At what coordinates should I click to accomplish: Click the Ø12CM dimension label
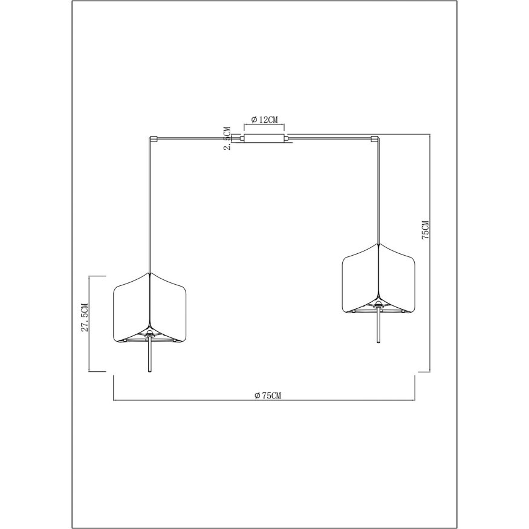pyautogui.click(x=265, y=119)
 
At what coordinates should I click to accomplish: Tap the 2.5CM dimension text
pyautogui.click(x=227, y=138)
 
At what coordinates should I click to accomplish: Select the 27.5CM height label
pyautogui.click(x=85, y=317)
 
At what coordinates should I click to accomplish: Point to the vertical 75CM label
pyautogui.click(x=425, y=230)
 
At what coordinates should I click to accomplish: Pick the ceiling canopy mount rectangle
pyautogui.click(x=264, y=138)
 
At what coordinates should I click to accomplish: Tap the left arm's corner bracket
pyautogui.click(x=154, y=138)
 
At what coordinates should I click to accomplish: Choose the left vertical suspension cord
pyautogui.click(x=149, y=206)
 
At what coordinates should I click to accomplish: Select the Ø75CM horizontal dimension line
pyautogui.click(x=181, y=400)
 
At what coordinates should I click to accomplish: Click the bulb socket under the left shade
pyautogui.click(x=149, y=334)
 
